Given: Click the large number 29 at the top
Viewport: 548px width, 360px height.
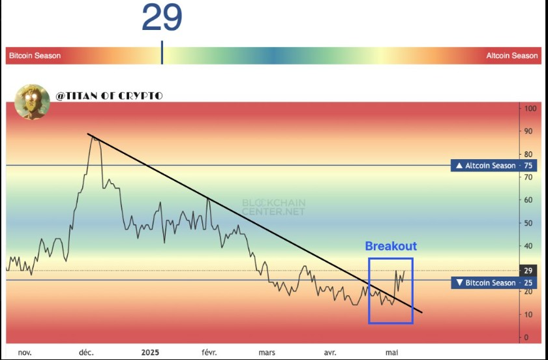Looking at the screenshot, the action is tap(162, 17).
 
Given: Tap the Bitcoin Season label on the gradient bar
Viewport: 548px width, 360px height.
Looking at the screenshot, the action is tap(35, 55).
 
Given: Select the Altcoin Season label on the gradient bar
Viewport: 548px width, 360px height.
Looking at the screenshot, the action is tap(512, 55).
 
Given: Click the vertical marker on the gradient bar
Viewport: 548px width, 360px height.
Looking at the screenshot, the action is tap(162, 52).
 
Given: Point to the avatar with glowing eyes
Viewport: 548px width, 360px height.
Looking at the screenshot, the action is tap(32, 101).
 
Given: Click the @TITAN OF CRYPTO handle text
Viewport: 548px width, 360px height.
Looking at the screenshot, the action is tap(109, 96).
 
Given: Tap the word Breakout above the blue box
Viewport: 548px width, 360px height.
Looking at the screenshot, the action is tap(391, 246).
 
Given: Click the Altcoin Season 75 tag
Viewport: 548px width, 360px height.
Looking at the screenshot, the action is tap(493, 166).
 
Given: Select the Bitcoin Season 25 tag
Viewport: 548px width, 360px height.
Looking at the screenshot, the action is tap(493, 283).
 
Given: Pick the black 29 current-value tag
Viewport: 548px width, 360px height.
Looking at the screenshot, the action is tap(528, 271).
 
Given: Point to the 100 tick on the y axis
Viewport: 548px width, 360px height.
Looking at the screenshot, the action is tap(530, 108).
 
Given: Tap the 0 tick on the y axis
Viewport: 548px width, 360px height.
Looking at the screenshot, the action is tap(526, 338).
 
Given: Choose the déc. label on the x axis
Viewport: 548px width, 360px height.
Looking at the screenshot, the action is tap(86, 352).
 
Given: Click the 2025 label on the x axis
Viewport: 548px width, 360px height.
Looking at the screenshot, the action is tap(150, 352).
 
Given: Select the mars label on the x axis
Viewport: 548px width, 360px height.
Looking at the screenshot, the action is tap(267, 352).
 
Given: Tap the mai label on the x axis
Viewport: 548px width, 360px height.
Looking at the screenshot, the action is tap(391, 352).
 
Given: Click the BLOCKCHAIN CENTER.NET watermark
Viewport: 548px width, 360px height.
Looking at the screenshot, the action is tap(273, 207).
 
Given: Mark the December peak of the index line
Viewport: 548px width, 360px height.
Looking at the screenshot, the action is tap(93, 137).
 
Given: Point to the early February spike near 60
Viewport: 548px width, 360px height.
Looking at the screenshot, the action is tap(208, 199).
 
